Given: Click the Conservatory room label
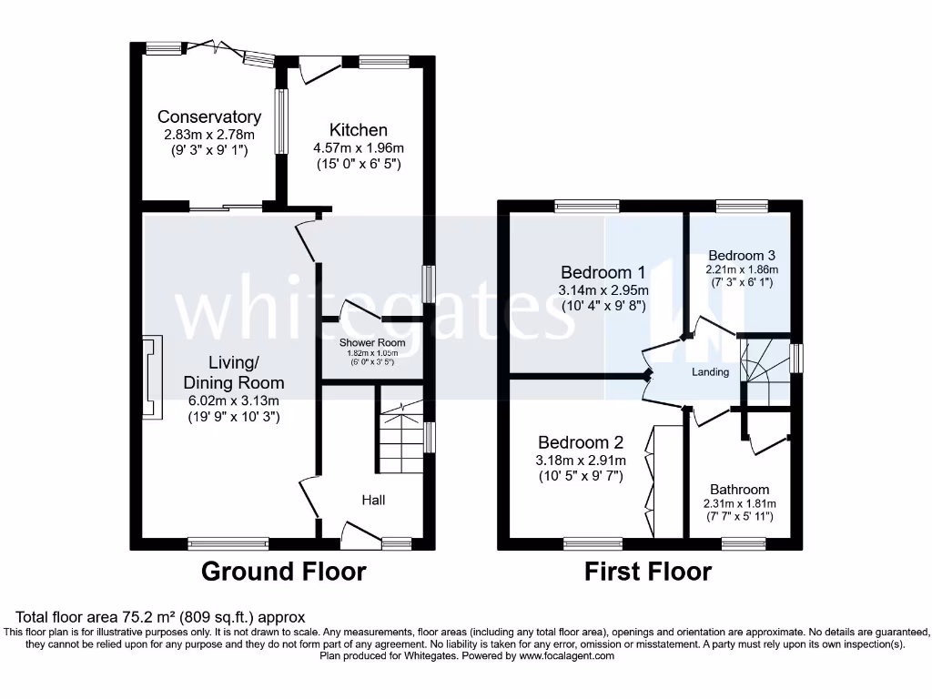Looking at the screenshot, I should [209, 116].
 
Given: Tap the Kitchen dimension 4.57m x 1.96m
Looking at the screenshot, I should [359, 147].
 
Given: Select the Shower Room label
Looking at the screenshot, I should [372, 342].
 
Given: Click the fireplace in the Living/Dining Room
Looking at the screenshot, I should [151, 377].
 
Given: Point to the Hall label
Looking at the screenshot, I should [373, 500].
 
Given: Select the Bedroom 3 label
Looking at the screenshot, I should [742, 255].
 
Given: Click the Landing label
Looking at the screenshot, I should [710, 371].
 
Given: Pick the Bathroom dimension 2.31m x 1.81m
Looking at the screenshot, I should [739, 504].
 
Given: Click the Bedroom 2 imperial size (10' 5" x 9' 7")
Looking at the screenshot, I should [580, 475].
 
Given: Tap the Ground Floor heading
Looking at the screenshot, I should [283, 572].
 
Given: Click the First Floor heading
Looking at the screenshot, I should [647, 572].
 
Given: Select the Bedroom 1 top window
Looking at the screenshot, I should [587, 206].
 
